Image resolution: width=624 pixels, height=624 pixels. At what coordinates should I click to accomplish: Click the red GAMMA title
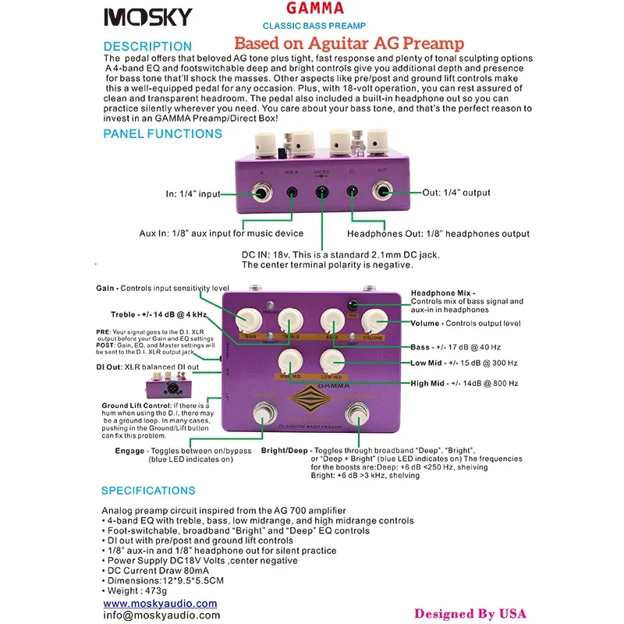click(x=314, y=9)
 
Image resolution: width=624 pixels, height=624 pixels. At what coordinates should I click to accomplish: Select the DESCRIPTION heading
click(x=147, y=46)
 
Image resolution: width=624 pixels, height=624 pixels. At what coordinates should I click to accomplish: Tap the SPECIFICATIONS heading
click(x=149, y=491)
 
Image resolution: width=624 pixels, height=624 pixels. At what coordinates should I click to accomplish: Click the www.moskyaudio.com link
click(x=160, y=603)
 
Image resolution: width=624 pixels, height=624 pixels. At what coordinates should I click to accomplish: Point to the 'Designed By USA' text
click(x=470, y=613)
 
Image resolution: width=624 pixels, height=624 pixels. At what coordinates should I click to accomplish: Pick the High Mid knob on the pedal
click(x=290, y=360)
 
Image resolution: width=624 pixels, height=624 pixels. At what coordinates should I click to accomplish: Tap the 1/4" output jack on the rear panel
click(x=385, y=192)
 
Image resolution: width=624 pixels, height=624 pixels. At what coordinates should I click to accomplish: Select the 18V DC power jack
click(x=320, y=193)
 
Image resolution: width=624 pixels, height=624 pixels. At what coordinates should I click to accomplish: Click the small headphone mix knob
click(x=353, y=304)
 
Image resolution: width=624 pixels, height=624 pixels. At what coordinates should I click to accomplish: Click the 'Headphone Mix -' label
click(x=443, y=292)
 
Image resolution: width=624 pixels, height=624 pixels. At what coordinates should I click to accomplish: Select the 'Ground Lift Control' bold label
click(x=135, y=406)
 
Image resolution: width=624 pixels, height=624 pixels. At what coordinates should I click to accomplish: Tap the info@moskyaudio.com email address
click(x=161, y=615)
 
